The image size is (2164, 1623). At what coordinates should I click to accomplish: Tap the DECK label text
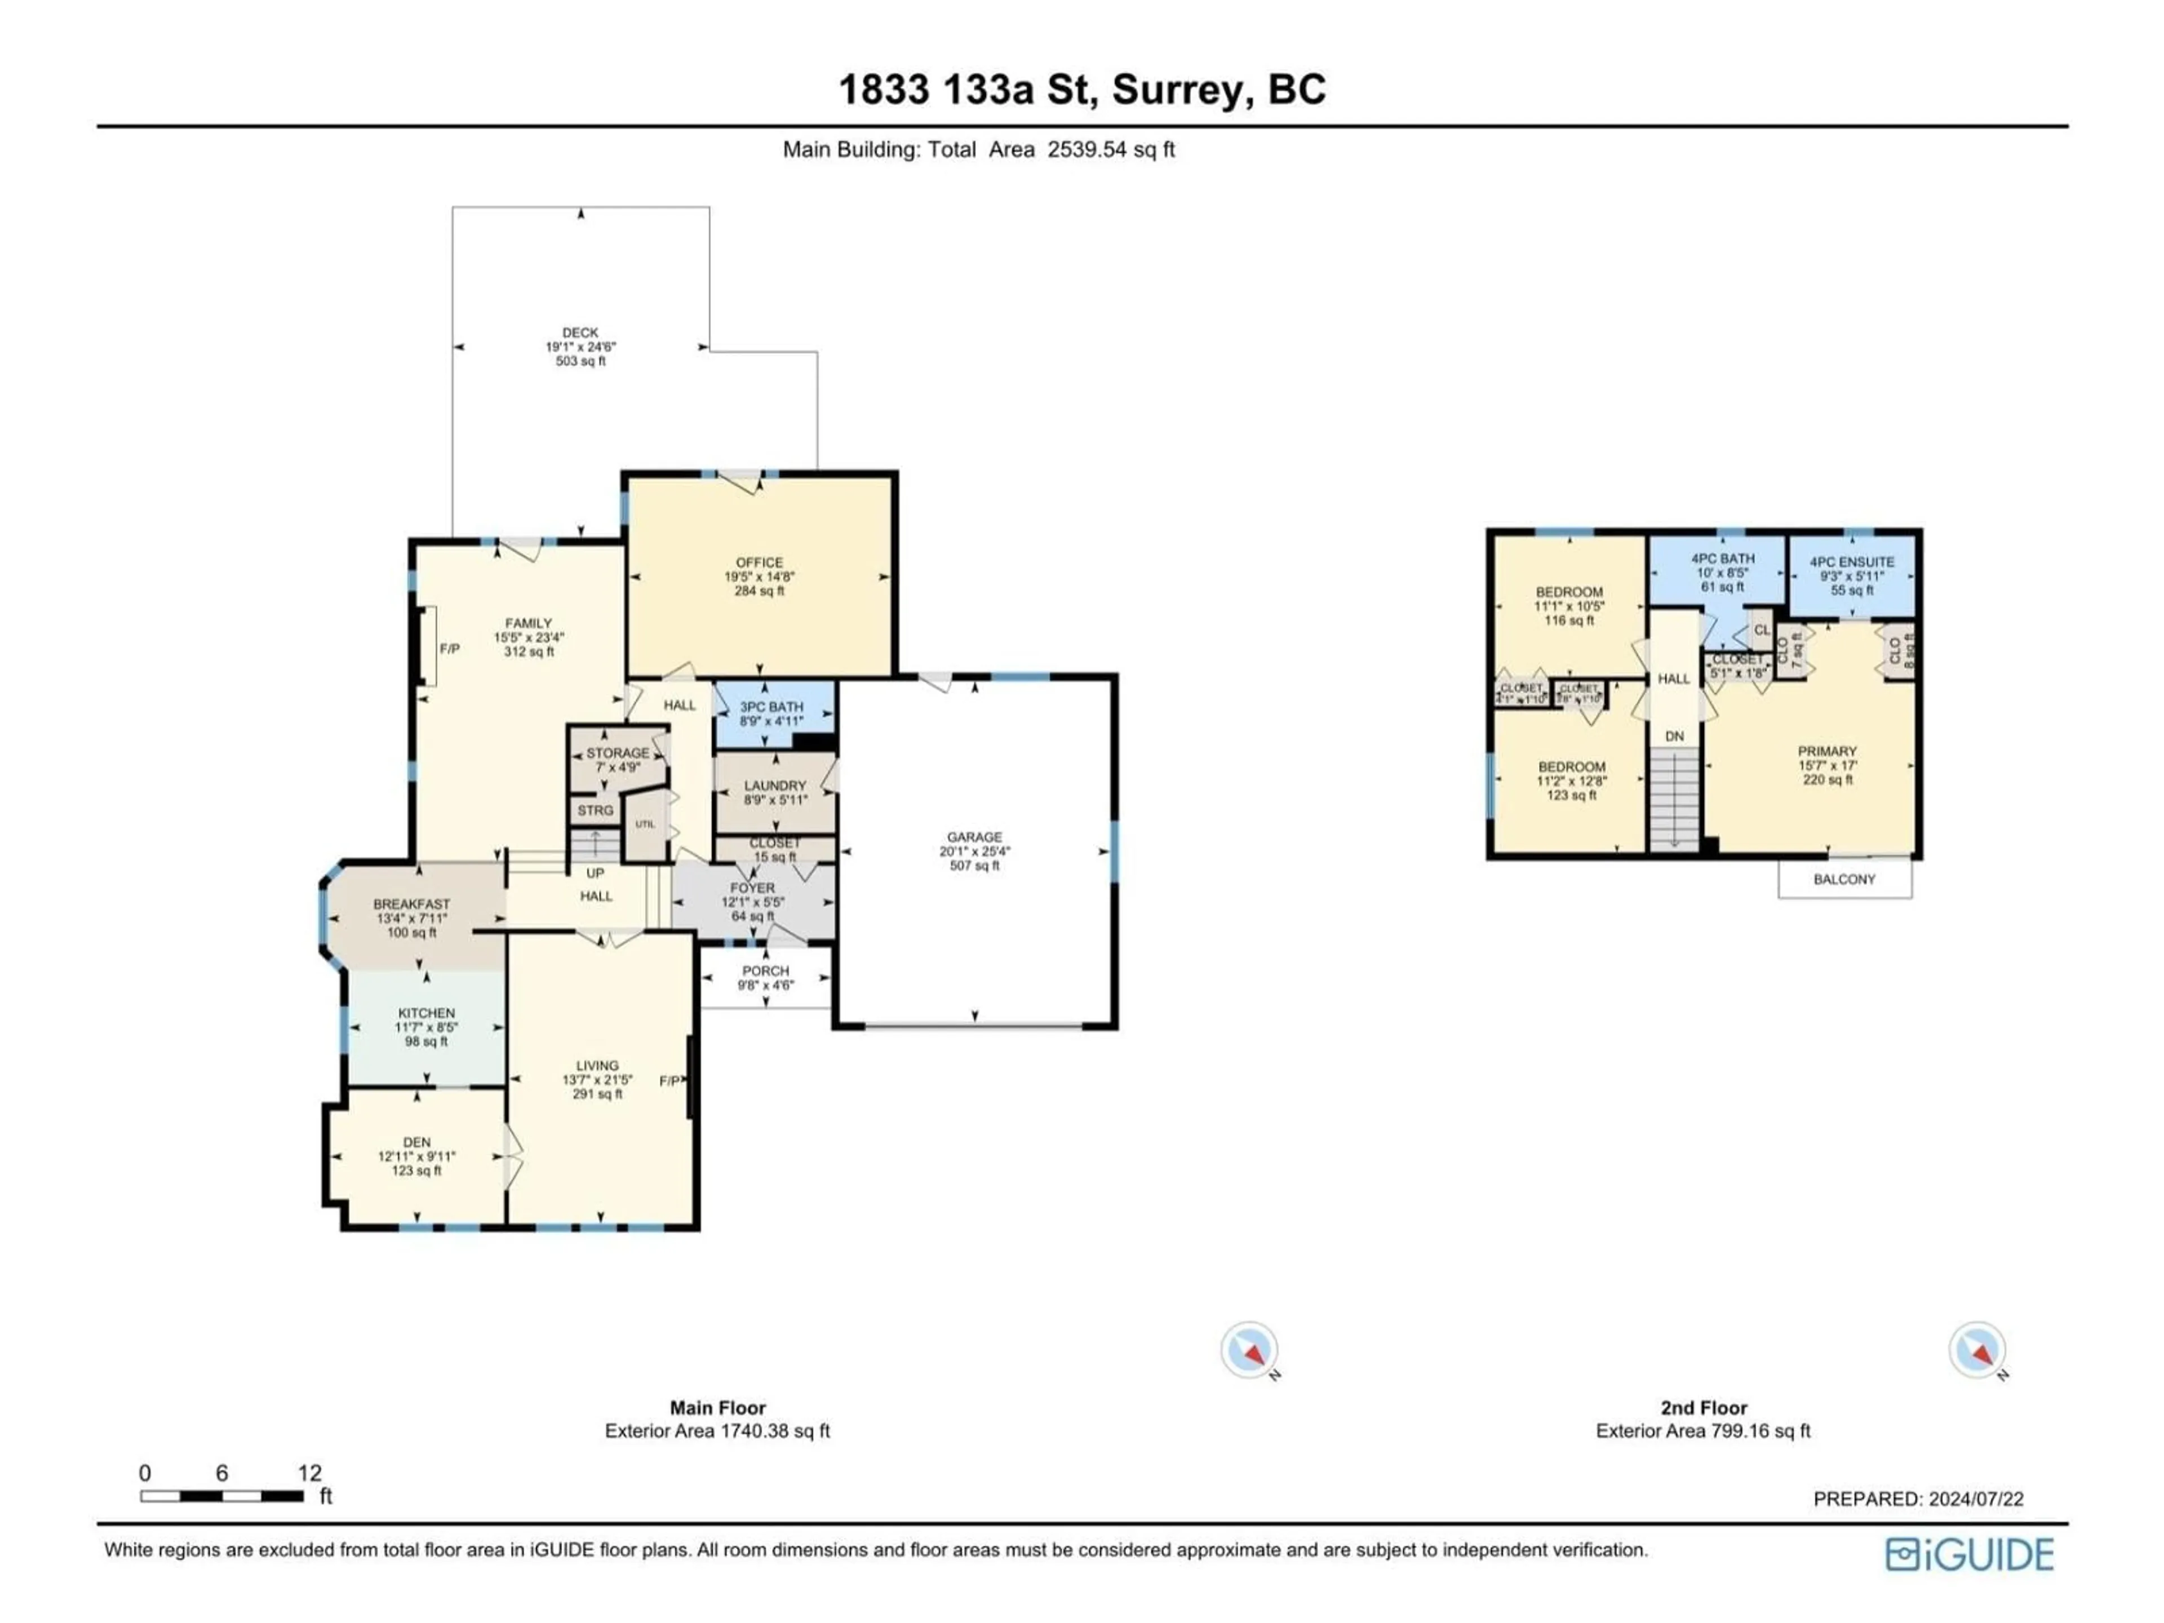[x=580, y=332]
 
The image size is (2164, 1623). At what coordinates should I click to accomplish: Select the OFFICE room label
[x=759, y=562]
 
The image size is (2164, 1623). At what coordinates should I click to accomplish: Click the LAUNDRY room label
[x=775, y=786]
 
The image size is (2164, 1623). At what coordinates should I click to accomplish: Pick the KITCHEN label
[x=427, y=1013]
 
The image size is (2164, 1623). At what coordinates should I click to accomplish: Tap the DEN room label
[x=417, y=1142]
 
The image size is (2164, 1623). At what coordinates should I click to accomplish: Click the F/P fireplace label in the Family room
[x=449, y=649]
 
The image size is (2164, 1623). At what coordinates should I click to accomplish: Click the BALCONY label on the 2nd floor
[x=1844, y=880]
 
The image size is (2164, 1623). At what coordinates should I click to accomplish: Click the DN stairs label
[x=1675, y=735]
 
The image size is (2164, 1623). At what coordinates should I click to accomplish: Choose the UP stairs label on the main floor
[x=595, y=872]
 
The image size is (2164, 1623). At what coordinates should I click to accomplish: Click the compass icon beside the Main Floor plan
[x=1249, y=1351]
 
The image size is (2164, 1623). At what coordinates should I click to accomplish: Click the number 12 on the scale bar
[x=309, y=1473]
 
